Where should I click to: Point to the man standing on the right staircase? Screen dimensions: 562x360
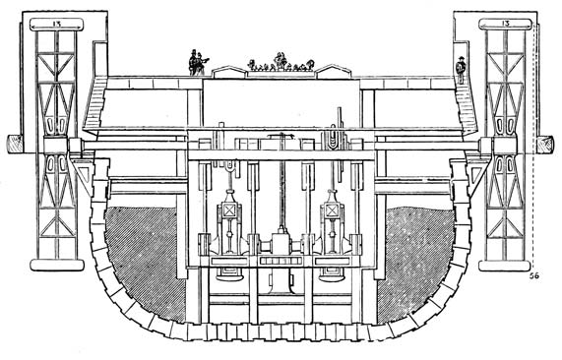point(460,69)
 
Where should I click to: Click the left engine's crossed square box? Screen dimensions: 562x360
point(229,210)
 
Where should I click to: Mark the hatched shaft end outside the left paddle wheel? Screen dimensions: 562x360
point(16,144)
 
